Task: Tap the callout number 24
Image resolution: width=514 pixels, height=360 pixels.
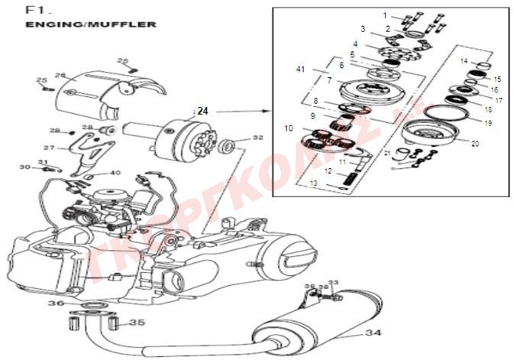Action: tap(202, 111)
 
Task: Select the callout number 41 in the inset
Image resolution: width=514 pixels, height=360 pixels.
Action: tap(300, 70)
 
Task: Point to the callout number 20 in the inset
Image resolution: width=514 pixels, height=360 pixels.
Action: tap(475, 143)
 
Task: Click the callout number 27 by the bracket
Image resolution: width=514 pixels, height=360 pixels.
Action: tap(49, 148)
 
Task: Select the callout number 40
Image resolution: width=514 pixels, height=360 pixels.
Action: tap(115, 173)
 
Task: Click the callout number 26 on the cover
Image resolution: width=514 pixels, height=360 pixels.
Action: tap(61, 75)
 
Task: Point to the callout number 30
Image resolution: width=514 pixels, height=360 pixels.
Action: tap(25, 167)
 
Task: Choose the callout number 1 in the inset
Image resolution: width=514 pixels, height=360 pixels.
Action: tap(386, 15)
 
